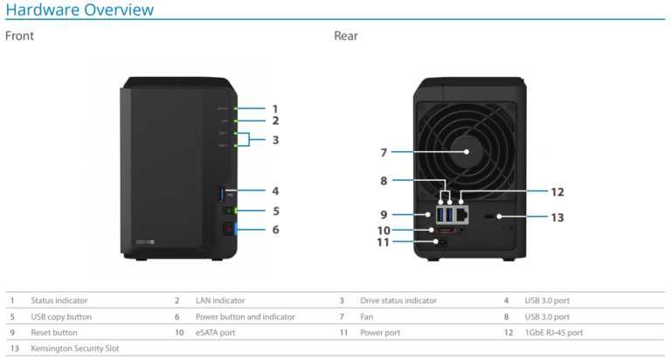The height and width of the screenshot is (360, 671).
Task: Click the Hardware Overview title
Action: tap(80, 10)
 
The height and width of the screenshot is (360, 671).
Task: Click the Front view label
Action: tap(19, 37)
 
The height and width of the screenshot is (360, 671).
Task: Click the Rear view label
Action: tap(346, 37)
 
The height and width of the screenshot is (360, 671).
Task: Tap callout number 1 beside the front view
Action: tap(274, 108)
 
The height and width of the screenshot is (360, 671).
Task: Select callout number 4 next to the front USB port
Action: tap(274, 190)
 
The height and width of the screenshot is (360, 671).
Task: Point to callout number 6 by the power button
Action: tap(275, 230)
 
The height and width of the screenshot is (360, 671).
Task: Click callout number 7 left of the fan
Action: tap(384, 153)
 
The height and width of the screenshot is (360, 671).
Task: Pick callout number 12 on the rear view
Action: tap(557, 192)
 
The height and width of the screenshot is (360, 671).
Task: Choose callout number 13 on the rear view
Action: tap(557, 217)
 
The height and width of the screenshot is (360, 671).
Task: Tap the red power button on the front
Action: tap(229, 230)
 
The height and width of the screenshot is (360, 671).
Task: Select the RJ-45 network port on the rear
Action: tap(460, 213)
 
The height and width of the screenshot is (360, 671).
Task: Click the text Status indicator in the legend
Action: tap(64, 301)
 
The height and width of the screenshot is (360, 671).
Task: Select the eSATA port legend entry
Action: tap(215, 332)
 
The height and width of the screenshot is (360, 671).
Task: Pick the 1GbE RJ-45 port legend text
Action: tap(554, 332)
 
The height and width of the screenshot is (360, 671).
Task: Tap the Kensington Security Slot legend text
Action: tap(75, 348)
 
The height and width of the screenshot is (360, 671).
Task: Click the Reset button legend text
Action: tap(54, 332)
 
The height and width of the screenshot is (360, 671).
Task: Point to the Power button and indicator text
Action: tap(245, 316)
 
